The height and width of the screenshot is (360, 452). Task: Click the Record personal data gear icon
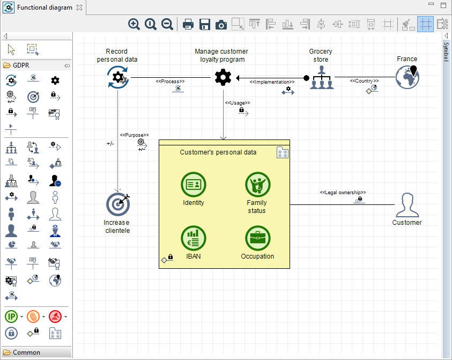click(x=117, y=78)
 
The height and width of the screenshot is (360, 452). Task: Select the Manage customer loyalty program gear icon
click(x=223, y=78)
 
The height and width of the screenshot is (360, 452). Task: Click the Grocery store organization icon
click(x=321, y=78)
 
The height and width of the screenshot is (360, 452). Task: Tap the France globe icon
click(x=407, y=77)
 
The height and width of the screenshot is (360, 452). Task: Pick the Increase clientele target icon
click(x=117, y=204)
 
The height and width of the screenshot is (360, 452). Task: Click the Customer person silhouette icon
click(x=406, y=204)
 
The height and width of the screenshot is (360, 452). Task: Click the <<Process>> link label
click(x=170, y=82)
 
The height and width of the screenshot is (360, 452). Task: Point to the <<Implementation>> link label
click(x=272, y=82)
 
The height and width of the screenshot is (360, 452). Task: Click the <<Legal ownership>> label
click(x=343, y=192)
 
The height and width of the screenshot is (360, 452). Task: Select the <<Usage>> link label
click(x=237, y=102)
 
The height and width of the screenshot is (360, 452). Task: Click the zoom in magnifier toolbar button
click(x=134, y=24)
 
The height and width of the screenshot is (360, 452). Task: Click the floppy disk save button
click(x=204, y=24)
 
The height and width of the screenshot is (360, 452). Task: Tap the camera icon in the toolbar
click(x=221, y=24)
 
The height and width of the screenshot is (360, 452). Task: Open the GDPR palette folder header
click(x=21, y=65)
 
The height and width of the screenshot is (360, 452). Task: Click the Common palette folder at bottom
click(x=26, y=352)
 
